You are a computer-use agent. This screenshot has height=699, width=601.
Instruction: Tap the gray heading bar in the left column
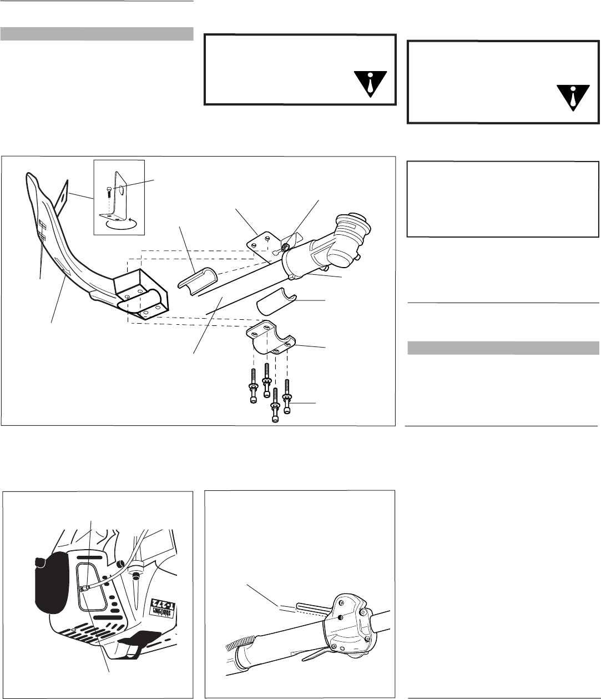[97, 34]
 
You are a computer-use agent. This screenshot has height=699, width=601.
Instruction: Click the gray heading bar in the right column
[503, 348]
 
